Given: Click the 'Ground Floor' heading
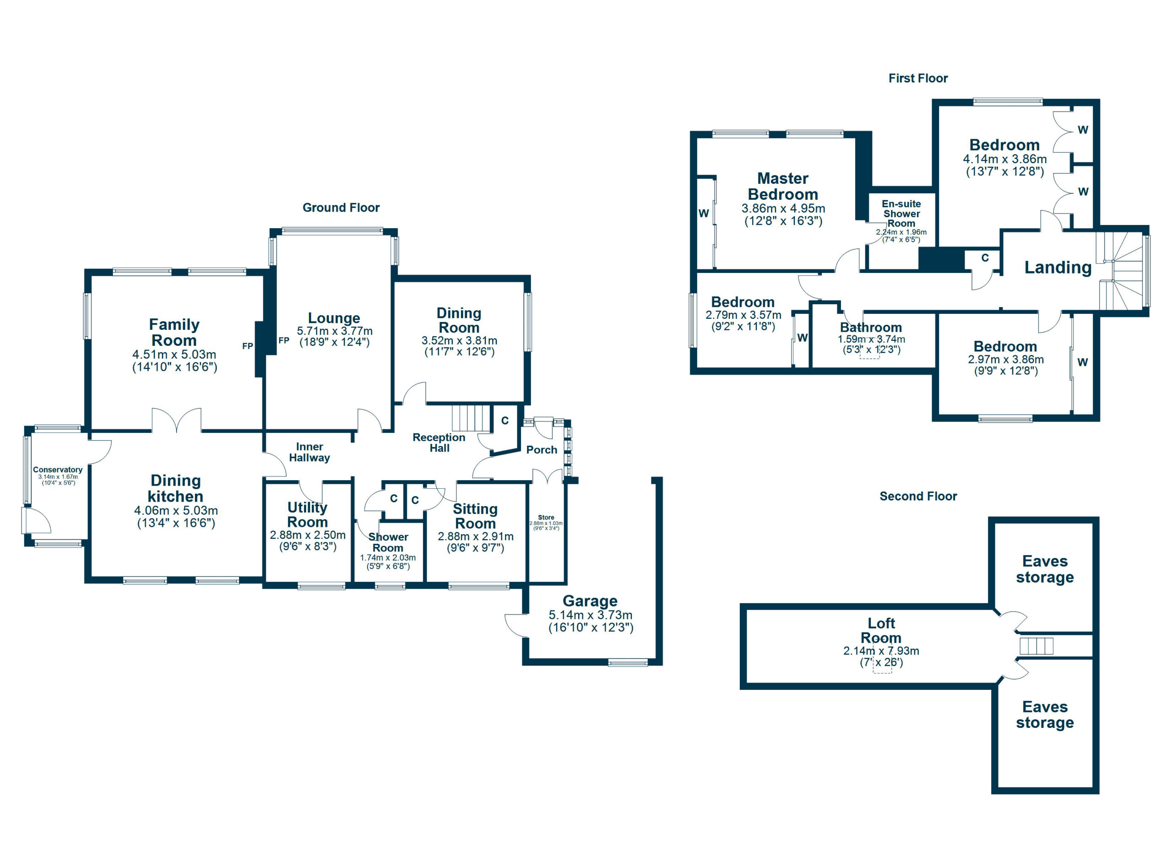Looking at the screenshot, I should coord(341,208).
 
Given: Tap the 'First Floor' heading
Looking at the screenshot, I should coord(918,79).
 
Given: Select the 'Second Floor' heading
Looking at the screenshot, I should coord(918,496).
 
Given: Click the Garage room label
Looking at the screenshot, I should coord(590,601).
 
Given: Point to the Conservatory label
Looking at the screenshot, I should coord(57,470).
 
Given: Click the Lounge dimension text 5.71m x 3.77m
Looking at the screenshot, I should coord(334,331).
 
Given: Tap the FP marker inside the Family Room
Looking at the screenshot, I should coord(248,346).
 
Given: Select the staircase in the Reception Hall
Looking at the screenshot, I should coord(471,418).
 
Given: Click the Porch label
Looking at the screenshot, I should coord(542,450).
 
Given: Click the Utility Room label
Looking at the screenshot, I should coord(308,514).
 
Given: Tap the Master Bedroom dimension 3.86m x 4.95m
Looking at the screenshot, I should coord(783,208).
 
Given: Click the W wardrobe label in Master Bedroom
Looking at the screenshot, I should coord(703,213).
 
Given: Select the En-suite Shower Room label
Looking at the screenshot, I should coord(901,213).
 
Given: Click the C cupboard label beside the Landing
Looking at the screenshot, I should coord(984,257).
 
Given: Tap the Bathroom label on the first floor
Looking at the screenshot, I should coord(871,327).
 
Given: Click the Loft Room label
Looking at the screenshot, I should coord(881,630).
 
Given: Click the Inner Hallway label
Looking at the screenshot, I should coord(309,452).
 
